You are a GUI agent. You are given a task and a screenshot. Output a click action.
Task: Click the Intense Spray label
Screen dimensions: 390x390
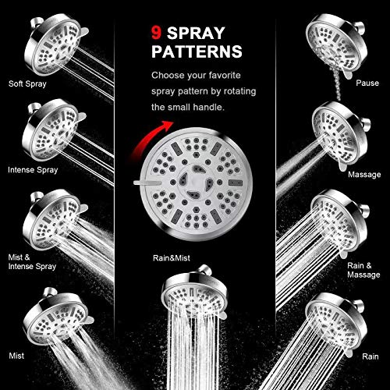point(30,168)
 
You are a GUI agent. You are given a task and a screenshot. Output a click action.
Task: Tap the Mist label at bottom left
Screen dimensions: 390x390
point(16,353)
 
